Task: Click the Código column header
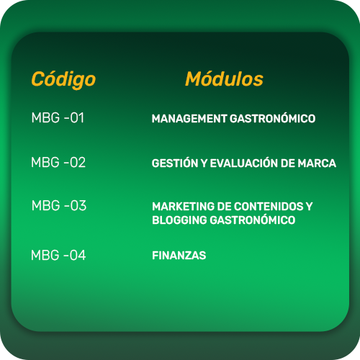point(63,79)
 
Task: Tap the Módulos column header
point(224,78)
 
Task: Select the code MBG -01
point(58,117)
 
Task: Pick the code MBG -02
point(58,162)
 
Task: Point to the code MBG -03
point(59,205)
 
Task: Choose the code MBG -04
point(58,255)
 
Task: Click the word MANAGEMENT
point(189,119)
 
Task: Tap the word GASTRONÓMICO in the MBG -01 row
point(272,118)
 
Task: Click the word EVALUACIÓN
point(244,163)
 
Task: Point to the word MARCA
point(317,163)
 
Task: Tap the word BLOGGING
point(179,220)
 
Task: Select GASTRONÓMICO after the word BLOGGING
point(253,220)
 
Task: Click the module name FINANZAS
point(179,256)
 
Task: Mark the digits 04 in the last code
point(78,255)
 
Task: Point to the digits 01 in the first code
point(77,117)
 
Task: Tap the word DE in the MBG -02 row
point(288,163)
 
